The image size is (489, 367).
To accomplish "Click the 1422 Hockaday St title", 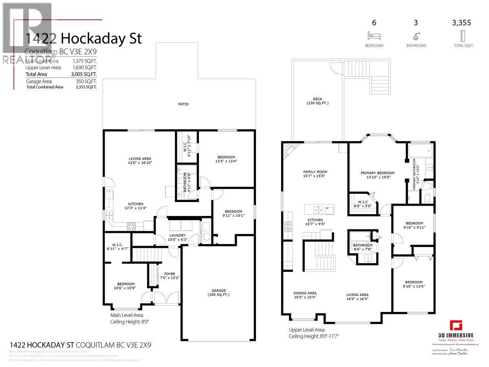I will tap(84, 39).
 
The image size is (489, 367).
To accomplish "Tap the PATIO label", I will tap(183, 104).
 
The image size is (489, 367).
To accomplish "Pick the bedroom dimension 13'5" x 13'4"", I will tap(226, 161).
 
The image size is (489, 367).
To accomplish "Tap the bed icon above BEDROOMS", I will tap(374, 36).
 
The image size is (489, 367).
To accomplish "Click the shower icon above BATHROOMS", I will tap(416, 36).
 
